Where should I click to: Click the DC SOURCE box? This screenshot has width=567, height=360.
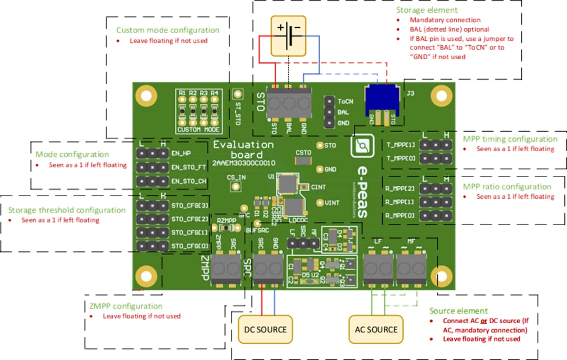pos(265,329)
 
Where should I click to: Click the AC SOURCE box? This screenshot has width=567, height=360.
pos(376,329)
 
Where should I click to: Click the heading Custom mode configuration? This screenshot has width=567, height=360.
pos(167,30)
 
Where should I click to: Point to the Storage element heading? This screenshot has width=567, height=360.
pos(426,10)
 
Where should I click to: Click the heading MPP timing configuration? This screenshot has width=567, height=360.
pos(510,139)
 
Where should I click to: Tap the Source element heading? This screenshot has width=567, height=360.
pos(458,311)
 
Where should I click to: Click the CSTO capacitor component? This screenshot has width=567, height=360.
pos(303,161)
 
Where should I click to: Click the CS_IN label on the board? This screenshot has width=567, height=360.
pos(236,177)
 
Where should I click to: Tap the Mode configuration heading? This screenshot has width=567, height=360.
pos(72,154)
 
